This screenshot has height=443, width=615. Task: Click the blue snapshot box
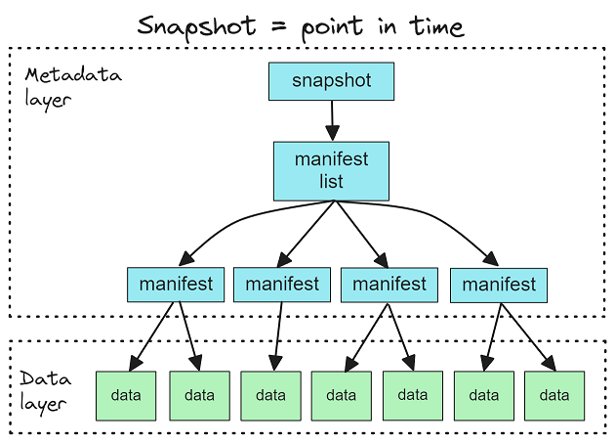[332, 81]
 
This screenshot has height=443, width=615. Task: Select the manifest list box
[332, 171]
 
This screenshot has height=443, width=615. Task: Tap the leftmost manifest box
[176, 285]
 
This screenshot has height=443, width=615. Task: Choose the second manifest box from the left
[282, 285]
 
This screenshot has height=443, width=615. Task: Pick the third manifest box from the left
[389, 285]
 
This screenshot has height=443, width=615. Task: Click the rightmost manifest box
[499, 286]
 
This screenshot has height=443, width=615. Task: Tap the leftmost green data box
[126, 396]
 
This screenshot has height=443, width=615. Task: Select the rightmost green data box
[554, 396]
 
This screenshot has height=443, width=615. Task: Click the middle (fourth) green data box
[342, 396]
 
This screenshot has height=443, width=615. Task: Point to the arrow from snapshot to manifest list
[332, 120]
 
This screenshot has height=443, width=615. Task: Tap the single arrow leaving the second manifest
[278, 336]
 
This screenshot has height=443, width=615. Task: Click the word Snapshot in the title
[196, 26]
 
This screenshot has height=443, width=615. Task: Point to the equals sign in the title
[279, 26]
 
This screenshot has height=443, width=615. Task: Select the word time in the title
[437, 26]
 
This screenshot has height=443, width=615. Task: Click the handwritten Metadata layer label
[73, 87]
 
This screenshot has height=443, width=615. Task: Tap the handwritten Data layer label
[46, 391]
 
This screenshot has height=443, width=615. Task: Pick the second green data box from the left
[200, 396]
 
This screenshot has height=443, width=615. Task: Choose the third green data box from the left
[271, 396]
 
